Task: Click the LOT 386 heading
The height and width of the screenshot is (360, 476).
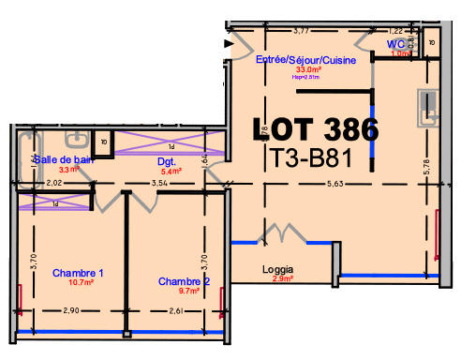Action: click(x=317, y=129)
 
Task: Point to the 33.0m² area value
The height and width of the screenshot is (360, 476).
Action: click(x=309, y=69)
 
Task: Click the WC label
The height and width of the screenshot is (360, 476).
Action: click(x=397, y=44)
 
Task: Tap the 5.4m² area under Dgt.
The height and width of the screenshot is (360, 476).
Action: click(x=170, y=172)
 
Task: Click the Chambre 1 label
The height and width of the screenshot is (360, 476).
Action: click(x=78, y=273)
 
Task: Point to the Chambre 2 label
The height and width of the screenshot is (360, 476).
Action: click(x=184, y=281)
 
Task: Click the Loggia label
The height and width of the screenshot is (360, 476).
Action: click(x=279, y=270)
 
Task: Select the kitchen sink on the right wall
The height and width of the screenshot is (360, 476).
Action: click(x=430, y=107)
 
